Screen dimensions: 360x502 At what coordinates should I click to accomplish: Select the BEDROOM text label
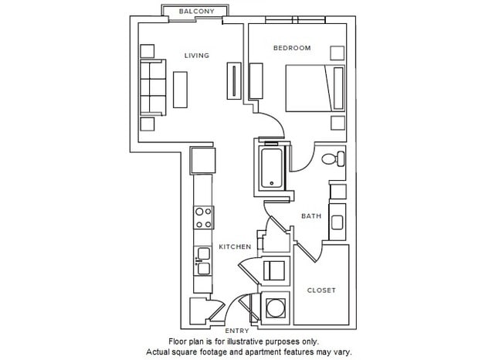pos(292,48)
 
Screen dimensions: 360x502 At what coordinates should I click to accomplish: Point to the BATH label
pos(311,216)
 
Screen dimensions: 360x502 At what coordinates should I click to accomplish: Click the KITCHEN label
pos(235,246)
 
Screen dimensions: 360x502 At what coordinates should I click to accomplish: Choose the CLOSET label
pos(321,290)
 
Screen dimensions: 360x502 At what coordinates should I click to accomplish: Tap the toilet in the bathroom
pos(331,160)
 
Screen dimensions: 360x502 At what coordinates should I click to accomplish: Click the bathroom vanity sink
pos(338,222)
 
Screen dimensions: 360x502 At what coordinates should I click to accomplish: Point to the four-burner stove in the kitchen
pos(203,217)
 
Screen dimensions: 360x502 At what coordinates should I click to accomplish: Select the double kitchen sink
pos(203,260)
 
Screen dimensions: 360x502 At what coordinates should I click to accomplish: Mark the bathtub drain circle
pos(271,183)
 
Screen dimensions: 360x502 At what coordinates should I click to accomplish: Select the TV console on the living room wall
pos(232,79)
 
